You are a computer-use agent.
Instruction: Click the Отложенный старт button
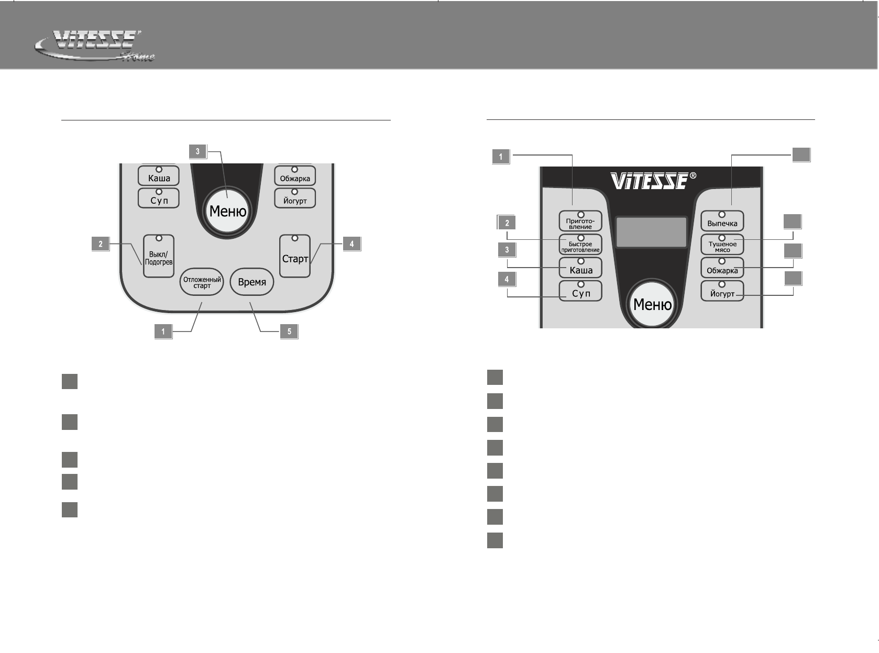tap(202, 282)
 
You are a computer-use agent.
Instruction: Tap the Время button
tap(251, 282)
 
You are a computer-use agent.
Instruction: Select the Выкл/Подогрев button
tap(159, 256)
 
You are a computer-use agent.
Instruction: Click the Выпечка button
tap(722, 220)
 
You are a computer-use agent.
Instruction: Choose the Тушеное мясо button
tap(722, 244)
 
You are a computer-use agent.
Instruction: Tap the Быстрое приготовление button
tap(580, 244)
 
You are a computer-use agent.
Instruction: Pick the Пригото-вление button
tap(580, 220)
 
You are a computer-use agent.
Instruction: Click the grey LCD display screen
tap(651, 232)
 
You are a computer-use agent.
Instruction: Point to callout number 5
tap(289, 331)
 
